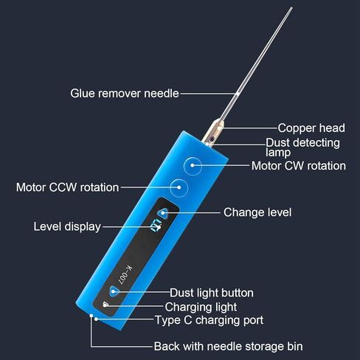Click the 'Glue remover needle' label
[x=125, y=94]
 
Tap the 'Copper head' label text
[x=311, y=128]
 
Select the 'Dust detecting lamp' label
[x=302, y=148]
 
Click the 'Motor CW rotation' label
[x=299, y=166]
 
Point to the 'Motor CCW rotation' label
[x=68, y=187]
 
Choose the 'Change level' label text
[x=257, y=212]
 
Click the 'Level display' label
[x=67, y=226]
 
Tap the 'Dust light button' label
[x=212, y=293]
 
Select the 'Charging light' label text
[x=201, y=307]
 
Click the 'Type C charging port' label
[x=210, y=320]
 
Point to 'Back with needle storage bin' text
[x=228, y=347]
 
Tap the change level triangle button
[x=163, y=213]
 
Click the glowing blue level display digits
[x=156, y=226]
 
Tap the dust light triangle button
[x=114, y=291]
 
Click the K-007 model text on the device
[x=125, y=275]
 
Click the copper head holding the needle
[x=213, y=133]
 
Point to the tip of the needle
[x=292, y=7]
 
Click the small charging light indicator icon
[x=105, y=305]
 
